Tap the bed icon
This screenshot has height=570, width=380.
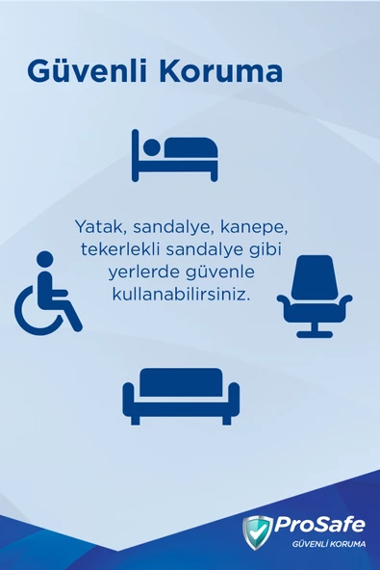coord(175,154)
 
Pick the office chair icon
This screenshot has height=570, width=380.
coord(314,296)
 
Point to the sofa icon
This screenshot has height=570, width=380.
coord(181,394)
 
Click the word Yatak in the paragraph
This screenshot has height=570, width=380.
coord(98,228)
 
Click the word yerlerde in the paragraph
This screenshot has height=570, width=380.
coord(140,272)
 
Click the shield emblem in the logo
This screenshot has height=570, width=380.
coord(257,531)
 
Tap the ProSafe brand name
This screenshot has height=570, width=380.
coord(319,525)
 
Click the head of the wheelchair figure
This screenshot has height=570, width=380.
coord(43,258)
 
